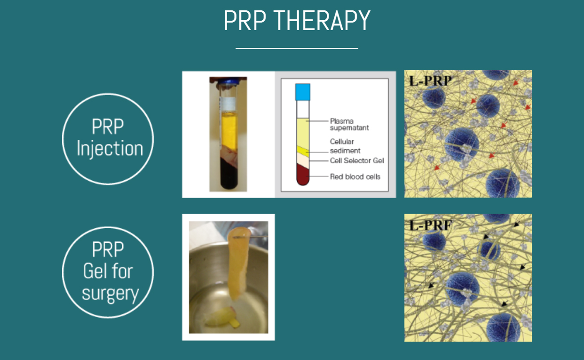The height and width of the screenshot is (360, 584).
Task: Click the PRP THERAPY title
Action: point(297,21)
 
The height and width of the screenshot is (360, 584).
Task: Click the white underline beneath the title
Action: point(297,48)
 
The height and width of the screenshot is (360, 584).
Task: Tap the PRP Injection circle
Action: point(108,138)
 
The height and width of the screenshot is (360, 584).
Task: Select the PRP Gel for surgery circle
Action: point(108,272)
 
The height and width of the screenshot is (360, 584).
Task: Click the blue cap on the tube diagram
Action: point(302,92)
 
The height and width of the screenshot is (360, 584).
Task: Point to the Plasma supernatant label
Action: point(349,124)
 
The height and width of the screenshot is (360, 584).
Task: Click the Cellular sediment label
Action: point(345,146)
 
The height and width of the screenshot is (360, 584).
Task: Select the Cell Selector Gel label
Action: point(357,160)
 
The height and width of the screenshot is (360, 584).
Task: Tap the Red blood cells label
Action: point(355,176)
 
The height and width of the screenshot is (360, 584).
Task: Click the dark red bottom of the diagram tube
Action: point(302,177)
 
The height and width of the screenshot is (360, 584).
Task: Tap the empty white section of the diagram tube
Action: point(302,109)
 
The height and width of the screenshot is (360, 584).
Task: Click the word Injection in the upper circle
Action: point(110,149)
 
